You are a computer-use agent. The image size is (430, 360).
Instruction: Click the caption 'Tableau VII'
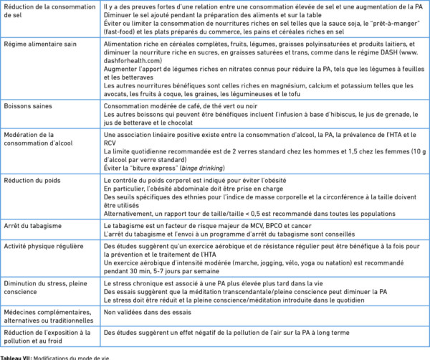(15, 356)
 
